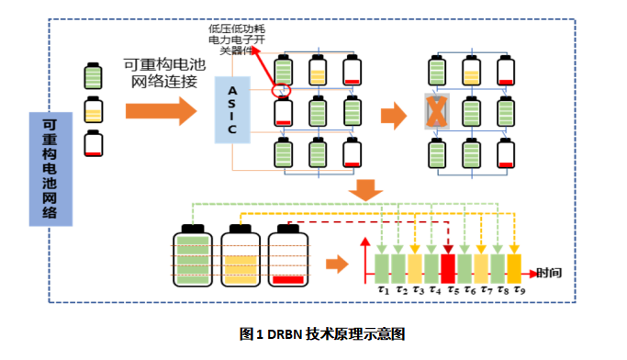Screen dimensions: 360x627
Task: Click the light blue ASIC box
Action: (232, 110)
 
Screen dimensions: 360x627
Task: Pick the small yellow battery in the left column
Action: (94, 111)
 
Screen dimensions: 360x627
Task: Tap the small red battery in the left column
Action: (94, 144)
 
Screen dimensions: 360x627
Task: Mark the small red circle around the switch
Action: (283, 91)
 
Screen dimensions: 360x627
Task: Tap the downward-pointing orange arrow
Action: (367, 189)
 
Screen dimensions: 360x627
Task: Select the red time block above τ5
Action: (448, 267)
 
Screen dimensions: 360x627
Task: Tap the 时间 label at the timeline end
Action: (550, 272)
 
